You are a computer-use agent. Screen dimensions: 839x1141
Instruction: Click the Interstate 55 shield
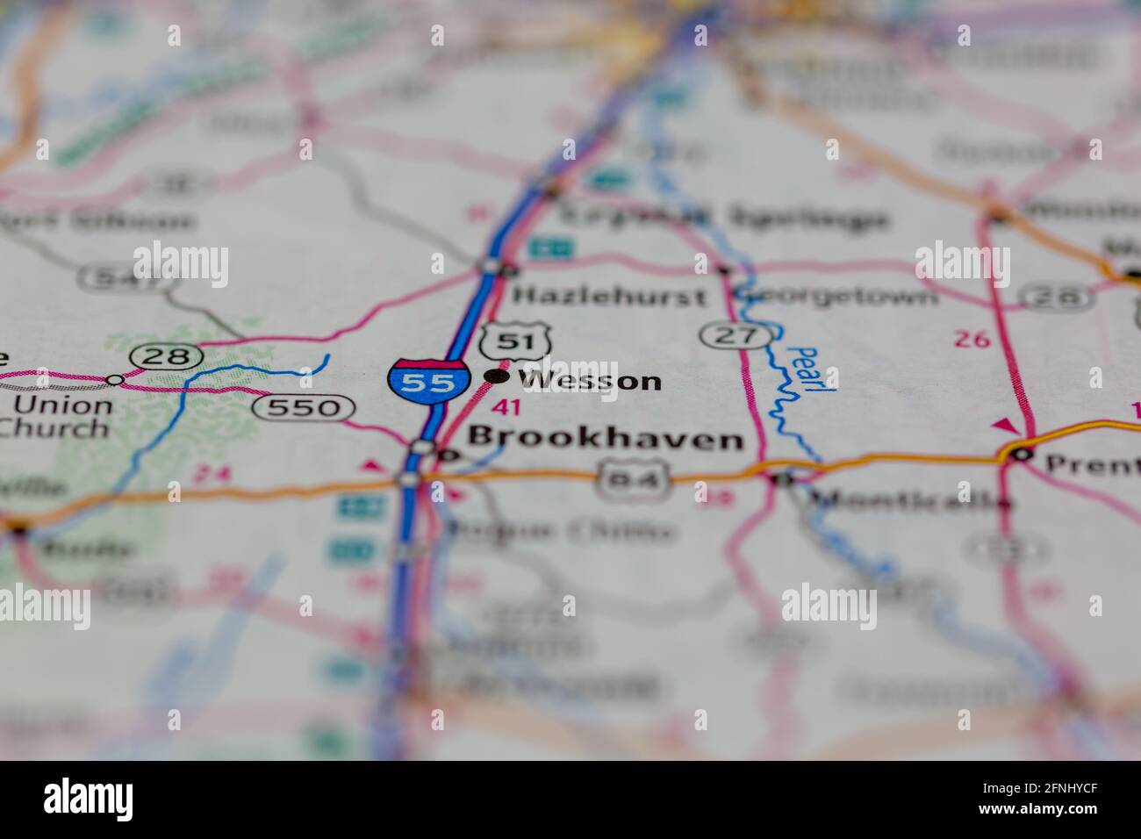[427, 380]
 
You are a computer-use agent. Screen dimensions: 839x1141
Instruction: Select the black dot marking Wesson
[497, 376]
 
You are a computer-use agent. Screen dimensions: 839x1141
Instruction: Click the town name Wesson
[590, 380]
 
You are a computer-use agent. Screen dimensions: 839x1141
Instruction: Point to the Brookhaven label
[605, 438]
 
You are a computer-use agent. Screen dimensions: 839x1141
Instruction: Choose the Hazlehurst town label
[609, 296]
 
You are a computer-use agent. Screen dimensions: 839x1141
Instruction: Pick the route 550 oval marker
[303, 407]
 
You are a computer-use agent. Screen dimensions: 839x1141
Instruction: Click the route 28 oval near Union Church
[166, 356]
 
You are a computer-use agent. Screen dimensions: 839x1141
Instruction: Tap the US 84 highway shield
[634, 479]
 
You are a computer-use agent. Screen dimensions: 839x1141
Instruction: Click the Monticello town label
[908, 501]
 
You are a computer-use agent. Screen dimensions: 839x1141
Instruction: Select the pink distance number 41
[506, 406]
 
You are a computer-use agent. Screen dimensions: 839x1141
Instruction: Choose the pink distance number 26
[972, 339]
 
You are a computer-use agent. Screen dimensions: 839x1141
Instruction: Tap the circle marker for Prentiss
[1020, 454]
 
